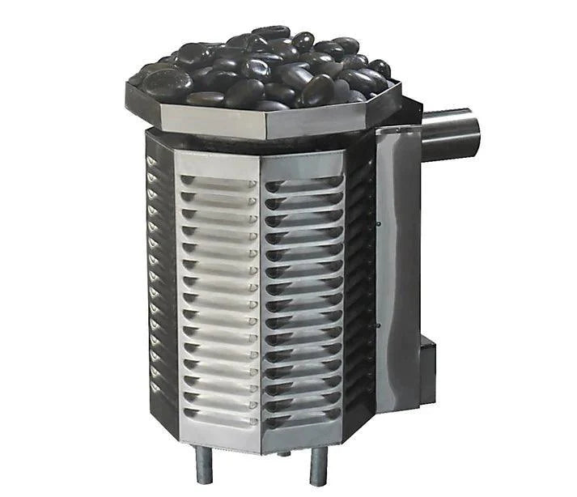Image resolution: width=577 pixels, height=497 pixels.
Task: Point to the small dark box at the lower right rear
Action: click(x=427, y=364)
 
